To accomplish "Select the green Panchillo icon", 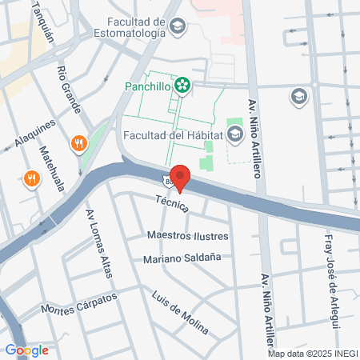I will coord(182,84).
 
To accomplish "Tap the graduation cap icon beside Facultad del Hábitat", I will coord(234,134).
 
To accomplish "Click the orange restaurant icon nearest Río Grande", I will coord(78,144).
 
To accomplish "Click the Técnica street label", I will coord(173,205).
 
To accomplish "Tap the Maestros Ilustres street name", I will coord(188,236).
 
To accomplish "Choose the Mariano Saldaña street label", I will coord(182,258).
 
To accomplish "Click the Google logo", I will coord(27,350).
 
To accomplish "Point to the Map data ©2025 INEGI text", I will coord(312,354).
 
